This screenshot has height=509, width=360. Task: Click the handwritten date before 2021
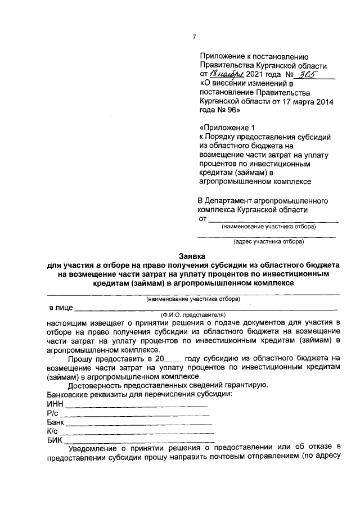pyautogui.click(x=225, y=74)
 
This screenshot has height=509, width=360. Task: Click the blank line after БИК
pyautogui.click(x=138, y=442)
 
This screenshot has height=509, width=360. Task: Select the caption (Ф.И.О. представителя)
pyautogui.click(x=193, y=315)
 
